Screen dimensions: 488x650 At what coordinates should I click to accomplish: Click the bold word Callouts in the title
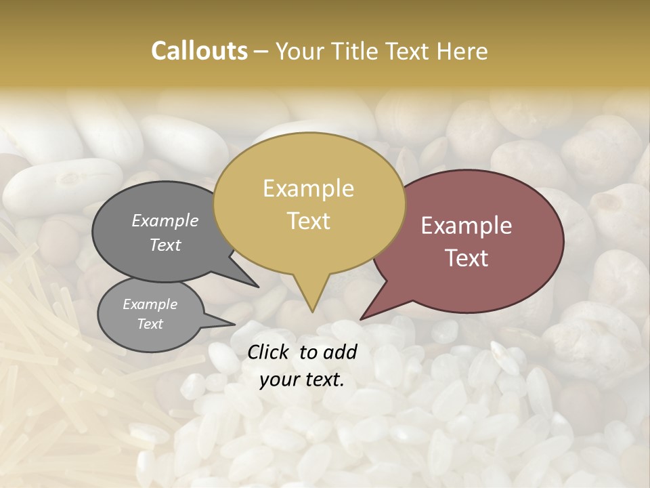pos(199,51)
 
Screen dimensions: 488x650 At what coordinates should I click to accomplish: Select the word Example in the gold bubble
pos(308,188)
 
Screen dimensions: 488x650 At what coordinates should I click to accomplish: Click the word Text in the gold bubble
pos(308,220)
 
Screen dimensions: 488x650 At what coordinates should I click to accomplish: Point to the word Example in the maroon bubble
pos(467,226)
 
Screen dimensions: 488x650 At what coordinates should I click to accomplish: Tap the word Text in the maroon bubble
pos(467,258)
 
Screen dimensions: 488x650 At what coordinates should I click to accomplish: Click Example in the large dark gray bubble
pos(165,220)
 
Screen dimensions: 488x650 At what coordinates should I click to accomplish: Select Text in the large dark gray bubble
pos(165,245)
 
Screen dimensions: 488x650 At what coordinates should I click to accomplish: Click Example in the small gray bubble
pos(150,304)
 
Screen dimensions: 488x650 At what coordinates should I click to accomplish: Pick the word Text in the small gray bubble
pos(150,324)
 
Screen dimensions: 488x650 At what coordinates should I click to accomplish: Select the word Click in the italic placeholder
pos(269,352)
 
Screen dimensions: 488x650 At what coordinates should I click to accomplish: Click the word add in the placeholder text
pos(341,352)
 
